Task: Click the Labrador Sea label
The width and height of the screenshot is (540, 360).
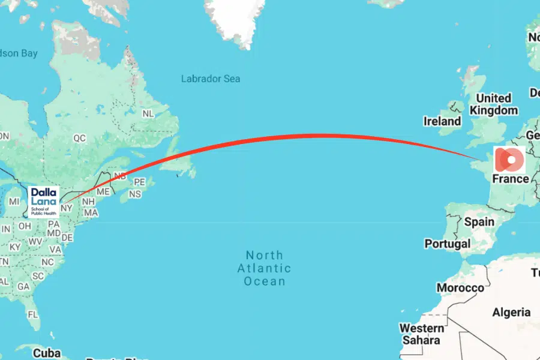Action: pyautogui.click(x=211, y=79)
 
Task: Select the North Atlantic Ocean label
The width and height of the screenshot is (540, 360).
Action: pyautogui.click(x=264, y=268)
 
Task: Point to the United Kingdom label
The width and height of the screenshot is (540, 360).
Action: pyautogui.click(x=493, y=104)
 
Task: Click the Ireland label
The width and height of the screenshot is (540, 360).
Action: pyautogui.click(x=442, y=121)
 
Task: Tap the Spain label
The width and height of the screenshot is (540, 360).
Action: pyautogui.click(x=479, y=221)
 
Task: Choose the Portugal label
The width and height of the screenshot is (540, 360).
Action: pyautogui.click(x=447, y=244)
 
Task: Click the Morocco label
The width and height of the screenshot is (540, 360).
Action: pyautogui.click(x=460, y=288)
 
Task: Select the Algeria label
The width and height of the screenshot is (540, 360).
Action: pyautogui.click(x=511, y=312)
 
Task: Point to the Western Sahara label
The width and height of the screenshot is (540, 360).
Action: pyautogui.click(x=422, y=334)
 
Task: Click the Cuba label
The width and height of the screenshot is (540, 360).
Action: pyautogui.click(x=47, y=352)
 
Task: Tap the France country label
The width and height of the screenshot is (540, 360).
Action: pyautogui.click(x=510, y=179)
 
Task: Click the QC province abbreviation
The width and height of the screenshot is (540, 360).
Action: pyautogui.click(x=80, y=138)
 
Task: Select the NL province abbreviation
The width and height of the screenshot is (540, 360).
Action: pyautogui.click(x=148, y=113)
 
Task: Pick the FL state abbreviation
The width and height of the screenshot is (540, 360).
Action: pyautogui.click(x=33, y=314)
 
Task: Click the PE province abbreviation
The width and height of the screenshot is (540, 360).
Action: pyautogui.click(x=139, y=182)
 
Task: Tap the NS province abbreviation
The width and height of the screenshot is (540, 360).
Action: pyautogui.click(x=135, y=194)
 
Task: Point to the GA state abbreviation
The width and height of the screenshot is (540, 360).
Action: pyautogui.click(x=23, y=287)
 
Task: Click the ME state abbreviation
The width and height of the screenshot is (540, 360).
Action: pyautogui.click(x=103, y=191)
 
